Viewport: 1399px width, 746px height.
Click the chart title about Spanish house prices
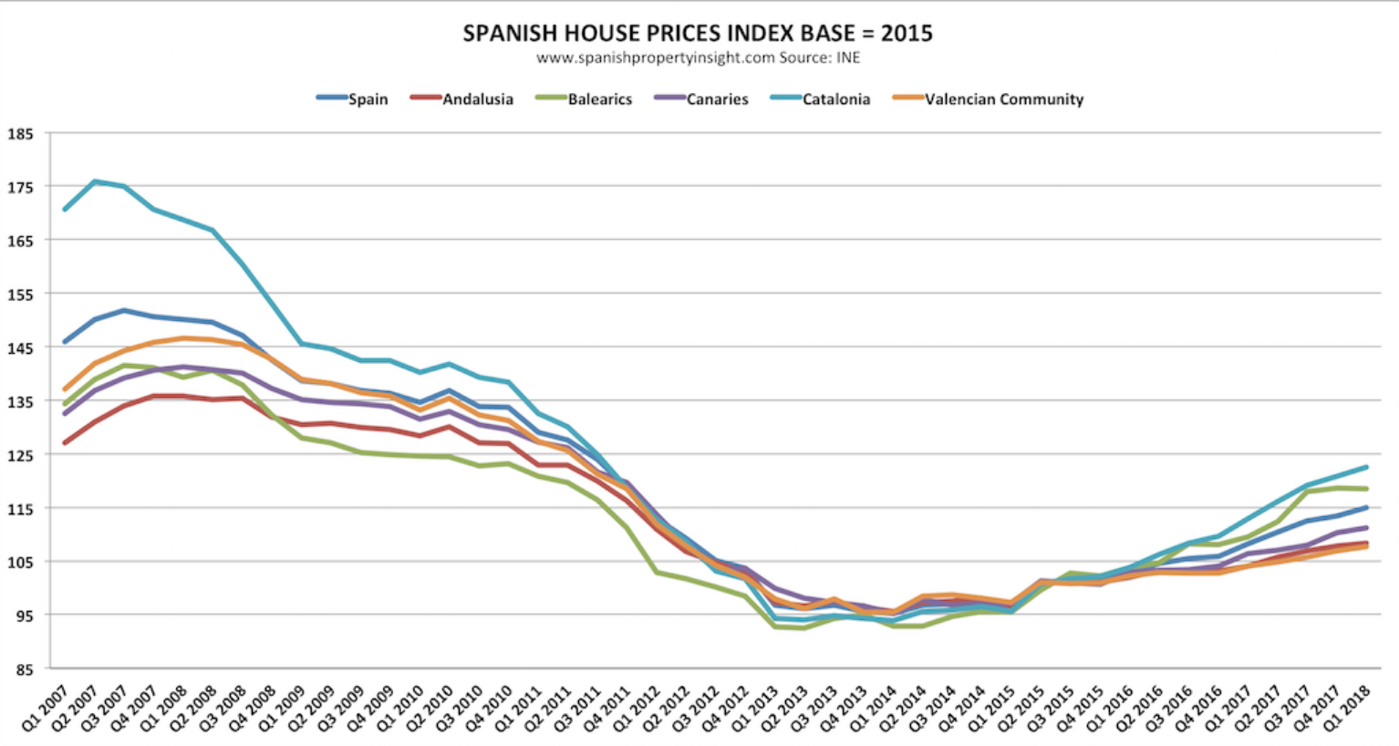click(x=698, y=34)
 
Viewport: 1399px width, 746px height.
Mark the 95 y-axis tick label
click(x=23, y=616)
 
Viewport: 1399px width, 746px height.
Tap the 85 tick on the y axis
click(x=23, y=669)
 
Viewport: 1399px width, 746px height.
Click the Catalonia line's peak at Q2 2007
click(x=94, y=181)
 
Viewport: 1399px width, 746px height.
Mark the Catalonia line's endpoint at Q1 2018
click(x=1366, y=467)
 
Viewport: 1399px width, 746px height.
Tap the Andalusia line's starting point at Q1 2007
click(x=65, y=443)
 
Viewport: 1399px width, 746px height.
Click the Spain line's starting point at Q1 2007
click(x=65, y=342)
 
